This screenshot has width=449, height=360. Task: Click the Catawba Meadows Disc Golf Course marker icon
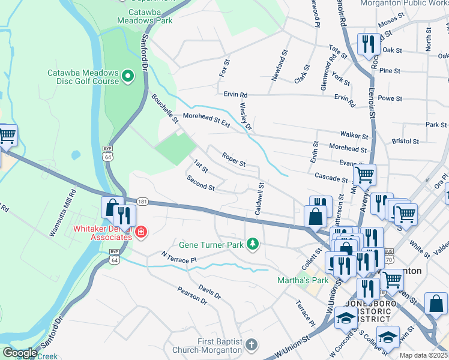[127, 76]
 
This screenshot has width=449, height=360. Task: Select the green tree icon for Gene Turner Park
[253, 244]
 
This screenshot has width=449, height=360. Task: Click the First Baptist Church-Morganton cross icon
[252, 345]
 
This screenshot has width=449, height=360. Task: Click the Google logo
[20, 353]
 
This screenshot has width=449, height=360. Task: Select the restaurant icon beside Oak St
[366, 44]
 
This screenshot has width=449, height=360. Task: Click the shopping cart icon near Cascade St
[364, 175]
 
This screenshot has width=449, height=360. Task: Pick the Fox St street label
[226, 67]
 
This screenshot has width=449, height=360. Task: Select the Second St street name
[200, 183]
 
